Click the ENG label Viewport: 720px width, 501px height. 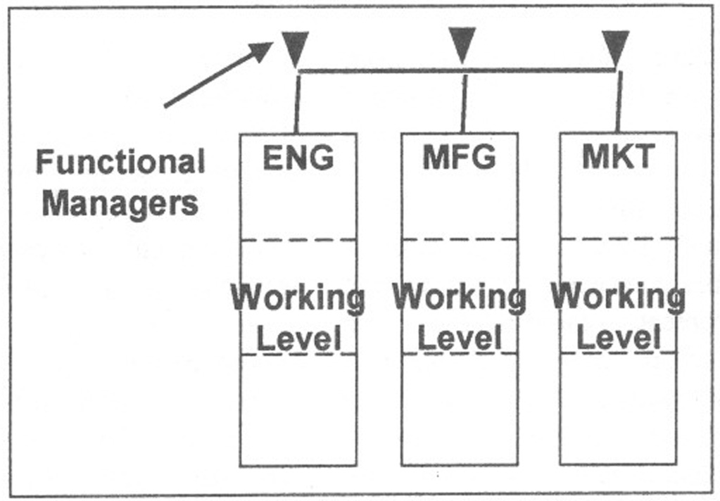coord(298,158)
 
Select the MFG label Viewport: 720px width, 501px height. coord(459,158)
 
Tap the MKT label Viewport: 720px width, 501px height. coord(618,158)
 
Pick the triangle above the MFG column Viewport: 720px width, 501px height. coord(462,44)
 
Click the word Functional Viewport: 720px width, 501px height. coord(120,163)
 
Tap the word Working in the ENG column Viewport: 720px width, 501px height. coord(298,298)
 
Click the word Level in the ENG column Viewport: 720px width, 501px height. coord(298,339)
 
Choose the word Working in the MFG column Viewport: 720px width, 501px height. coord(459,298)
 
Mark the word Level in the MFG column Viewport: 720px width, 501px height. coord(459,339)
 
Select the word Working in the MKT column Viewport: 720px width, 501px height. coord(618,298)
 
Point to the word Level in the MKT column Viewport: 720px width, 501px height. coord(618,339)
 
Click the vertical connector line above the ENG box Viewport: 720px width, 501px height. coord(297,103)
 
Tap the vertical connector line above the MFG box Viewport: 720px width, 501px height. coord(464,103)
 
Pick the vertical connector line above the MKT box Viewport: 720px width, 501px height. coord(619,103)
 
